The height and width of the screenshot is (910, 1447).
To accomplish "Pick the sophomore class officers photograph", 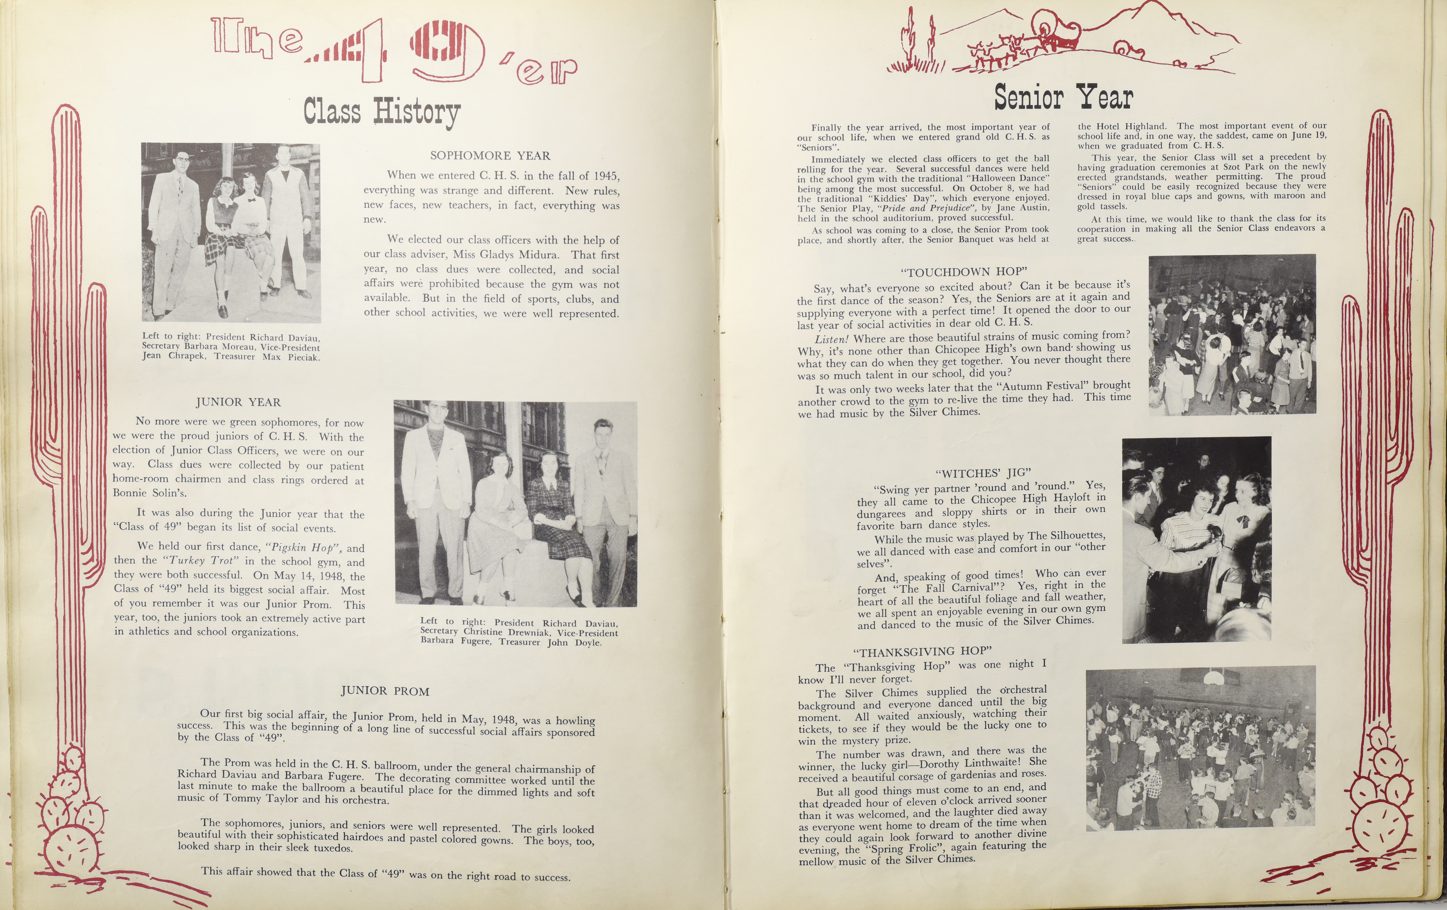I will pos(231,233).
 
